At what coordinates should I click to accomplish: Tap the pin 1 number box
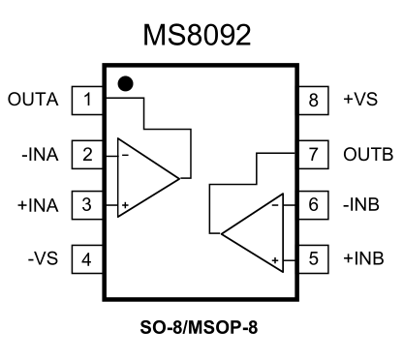tap(87, 100)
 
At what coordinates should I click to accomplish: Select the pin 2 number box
tap(87, 153)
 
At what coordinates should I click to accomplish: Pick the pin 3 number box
tap(87, 206)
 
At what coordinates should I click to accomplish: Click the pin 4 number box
tap(87, 259)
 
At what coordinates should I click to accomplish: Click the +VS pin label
tap(356, 100)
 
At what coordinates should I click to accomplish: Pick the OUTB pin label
tap(364, 153)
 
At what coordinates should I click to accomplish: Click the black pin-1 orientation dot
tap(124, 83)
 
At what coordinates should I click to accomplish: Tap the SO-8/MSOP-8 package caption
tap(201, 327)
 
